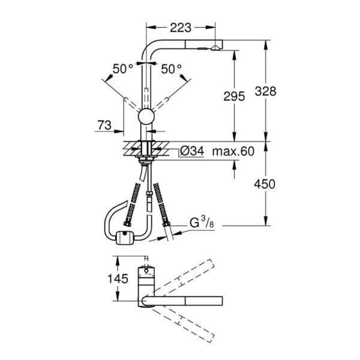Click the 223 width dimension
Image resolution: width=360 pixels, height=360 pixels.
181,28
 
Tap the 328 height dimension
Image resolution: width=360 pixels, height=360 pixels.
266,91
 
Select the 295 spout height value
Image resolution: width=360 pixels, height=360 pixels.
234,96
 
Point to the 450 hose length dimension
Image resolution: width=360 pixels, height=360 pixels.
265,184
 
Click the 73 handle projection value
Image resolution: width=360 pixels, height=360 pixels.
104,125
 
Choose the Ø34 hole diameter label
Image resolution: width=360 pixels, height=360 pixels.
192,151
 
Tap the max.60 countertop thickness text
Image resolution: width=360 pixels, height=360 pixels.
233,152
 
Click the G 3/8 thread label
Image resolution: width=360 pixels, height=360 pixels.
202,223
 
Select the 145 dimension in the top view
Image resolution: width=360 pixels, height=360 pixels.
118,279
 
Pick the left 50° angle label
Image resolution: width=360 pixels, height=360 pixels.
123,68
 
